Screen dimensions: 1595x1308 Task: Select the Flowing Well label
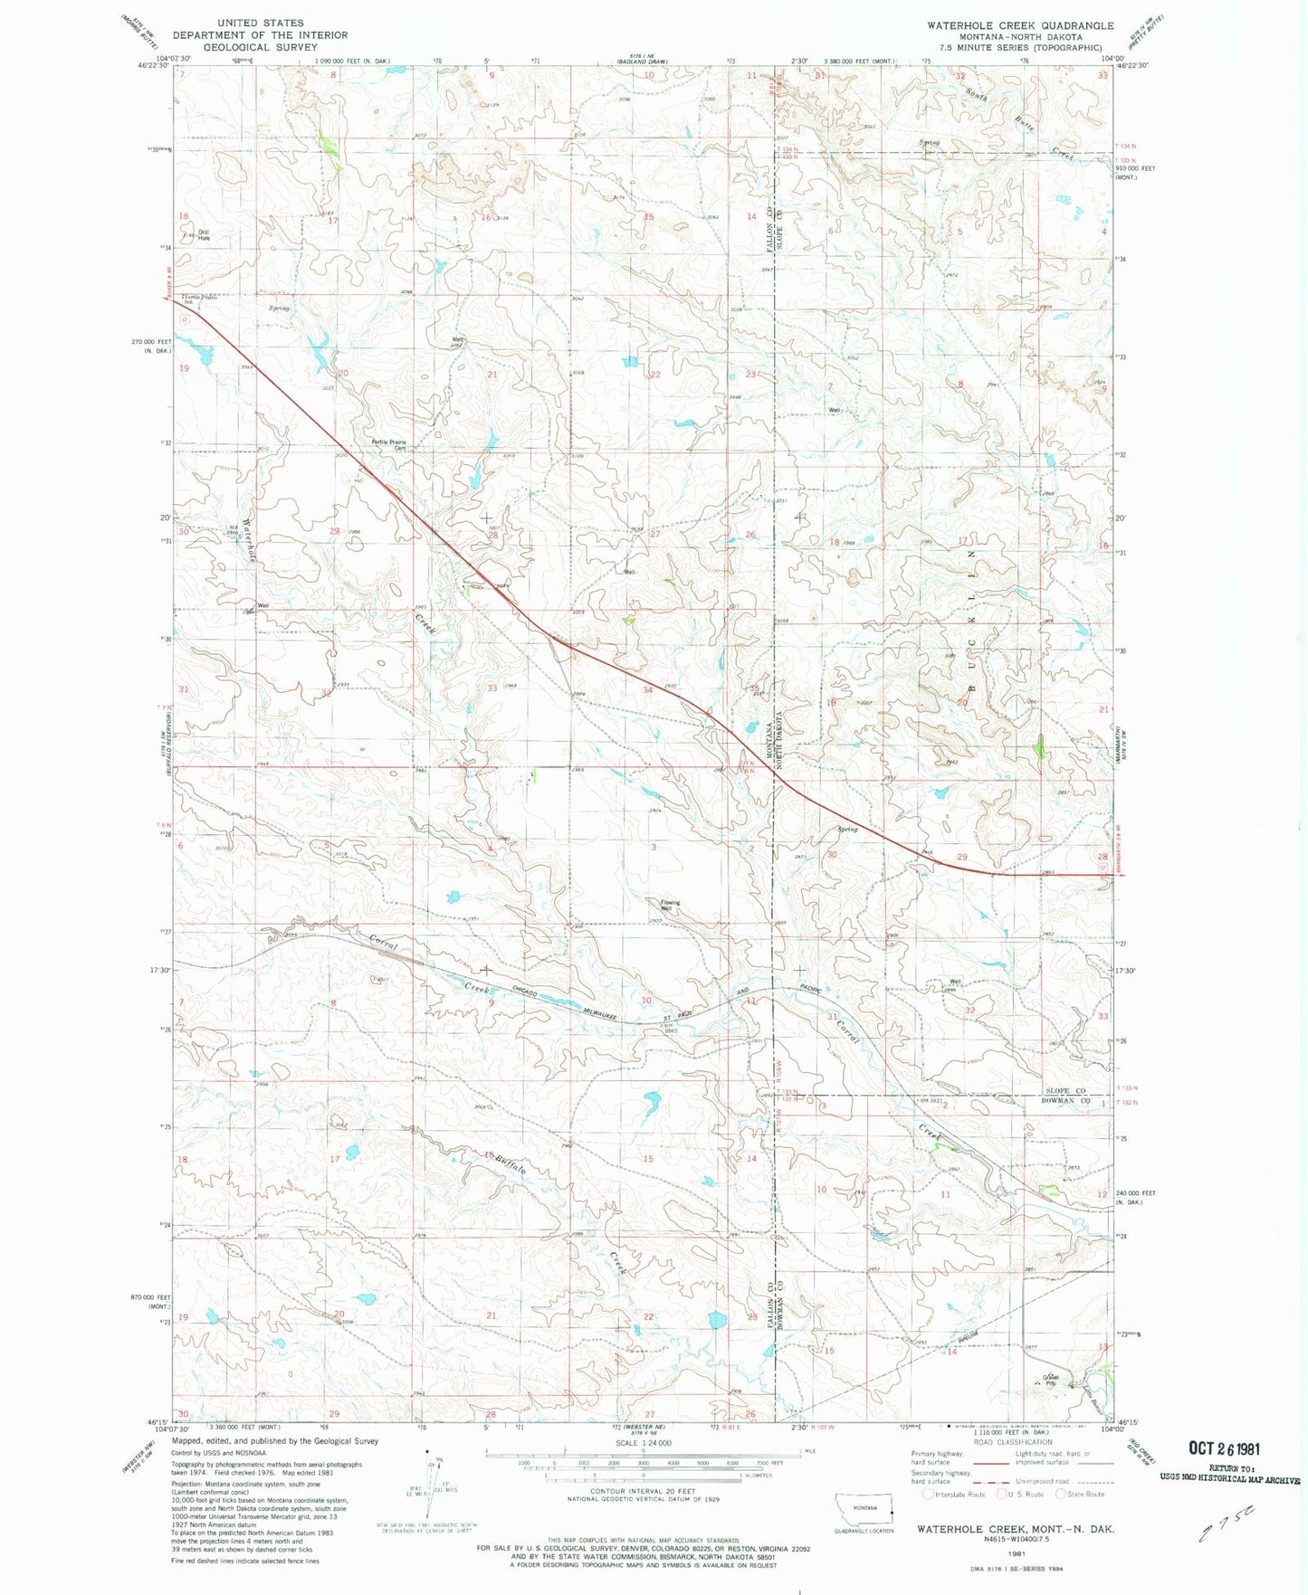670,905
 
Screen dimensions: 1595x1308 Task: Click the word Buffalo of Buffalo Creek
511,1164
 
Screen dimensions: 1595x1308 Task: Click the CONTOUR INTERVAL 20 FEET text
643,1490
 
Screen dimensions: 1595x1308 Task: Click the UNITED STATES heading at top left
261,23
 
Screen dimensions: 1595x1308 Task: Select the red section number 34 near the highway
647,690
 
